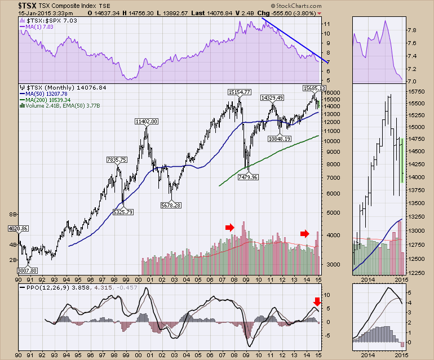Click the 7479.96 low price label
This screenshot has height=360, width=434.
point(248,177)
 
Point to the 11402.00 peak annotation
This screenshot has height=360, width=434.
point(147,121)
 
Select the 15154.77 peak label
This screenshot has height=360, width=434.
point(240,92)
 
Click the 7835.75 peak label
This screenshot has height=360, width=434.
point(118,160)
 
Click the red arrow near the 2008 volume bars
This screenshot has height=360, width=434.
point(229,227)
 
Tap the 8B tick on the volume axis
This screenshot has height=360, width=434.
point(14,215)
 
